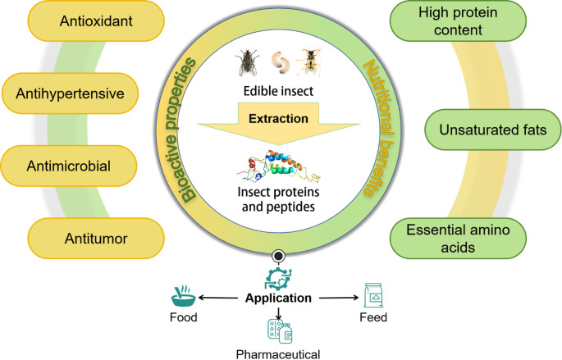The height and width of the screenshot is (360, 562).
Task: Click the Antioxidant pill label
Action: [x=96, y=21]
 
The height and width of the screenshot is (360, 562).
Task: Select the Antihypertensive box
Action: [x=70, y=93]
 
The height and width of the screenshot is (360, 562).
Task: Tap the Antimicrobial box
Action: [x=68, y=166]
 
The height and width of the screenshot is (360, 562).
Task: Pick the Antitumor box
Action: [x=96, y=238]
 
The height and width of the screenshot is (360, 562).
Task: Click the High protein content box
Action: [x=458, y=21]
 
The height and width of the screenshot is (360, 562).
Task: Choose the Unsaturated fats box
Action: [x=493, y=130]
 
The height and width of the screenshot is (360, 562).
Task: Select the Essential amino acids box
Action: [x=458, y=238]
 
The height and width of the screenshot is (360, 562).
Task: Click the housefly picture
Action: [x=248, y=62]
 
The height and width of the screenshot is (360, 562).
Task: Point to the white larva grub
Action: [x=280, y=62]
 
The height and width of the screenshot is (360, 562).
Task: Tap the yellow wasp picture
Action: [x=309, y=62]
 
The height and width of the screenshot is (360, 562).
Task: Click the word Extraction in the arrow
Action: [x=278, y=119]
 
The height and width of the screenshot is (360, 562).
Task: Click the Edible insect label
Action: [x=278, y=91]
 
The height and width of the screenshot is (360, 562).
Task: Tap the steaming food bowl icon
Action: [x=184, y=296]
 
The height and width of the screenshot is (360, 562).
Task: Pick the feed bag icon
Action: [x=373, y=295]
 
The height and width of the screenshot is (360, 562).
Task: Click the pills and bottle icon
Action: [x=280, y=331]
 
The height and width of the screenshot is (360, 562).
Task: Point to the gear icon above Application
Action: [x=278, y=279]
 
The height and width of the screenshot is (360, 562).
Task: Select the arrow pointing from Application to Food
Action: [x=218, y=298]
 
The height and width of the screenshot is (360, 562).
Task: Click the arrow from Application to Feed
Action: [x=339, y=298]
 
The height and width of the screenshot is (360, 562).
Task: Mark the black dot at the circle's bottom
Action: [x=278, y=256]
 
